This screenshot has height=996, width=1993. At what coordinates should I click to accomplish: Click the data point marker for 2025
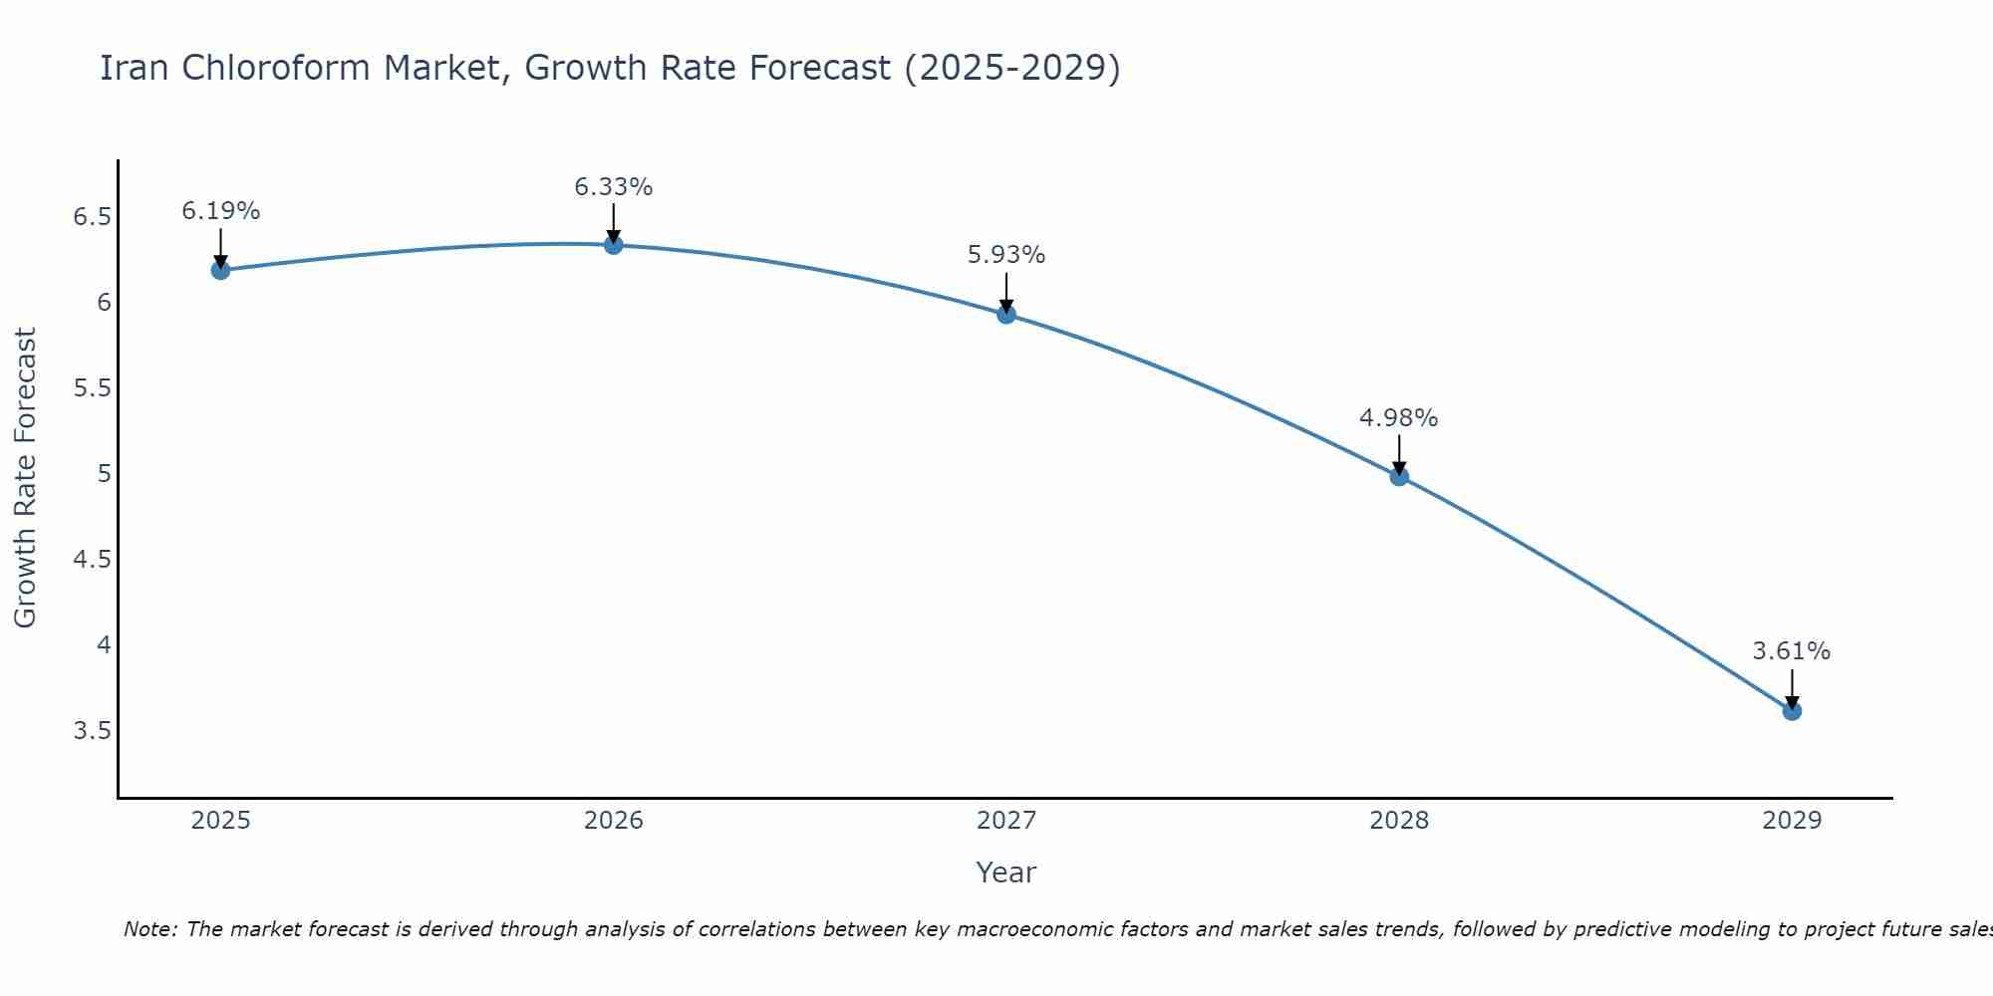tap(220, 270)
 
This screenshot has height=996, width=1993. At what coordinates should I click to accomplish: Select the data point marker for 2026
tap(614, 245)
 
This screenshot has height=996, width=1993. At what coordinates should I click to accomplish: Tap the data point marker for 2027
tap(1006, 315)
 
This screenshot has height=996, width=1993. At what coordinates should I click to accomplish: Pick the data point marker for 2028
tap(1399, 476)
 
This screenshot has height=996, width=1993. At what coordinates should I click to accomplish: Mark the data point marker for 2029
tap(1792, 711)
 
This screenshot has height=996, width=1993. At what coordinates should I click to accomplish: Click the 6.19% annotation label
tap(220, 211)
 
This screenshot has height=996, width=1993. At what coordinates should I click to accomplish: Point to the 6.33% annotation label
tap(614, 187)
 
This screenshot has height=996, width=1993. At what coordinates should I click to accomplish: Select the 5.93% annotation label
tap(1006, 255)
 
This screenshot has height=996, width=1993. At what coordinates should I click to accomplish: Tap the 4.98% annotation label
tap(1399, 418)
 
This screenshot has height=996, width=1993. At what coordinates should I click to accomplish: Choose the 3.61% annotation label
tap(1792, 651)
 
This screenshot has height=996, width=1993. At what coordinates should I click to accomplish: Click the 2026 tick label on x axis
tap(614, 821)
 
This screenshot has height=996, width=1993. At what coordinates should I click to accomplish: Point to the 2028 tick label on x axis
tap(1399, 821)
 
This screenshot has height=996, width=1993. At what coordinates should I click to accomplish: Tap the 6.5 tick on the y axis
tap(92, 217)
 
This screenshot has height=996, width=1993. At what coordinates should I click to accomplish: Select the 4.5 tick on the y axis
tap(92, 560)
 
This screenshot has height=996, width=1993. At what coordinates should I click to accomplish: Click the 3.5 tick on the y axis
tap(92, 731)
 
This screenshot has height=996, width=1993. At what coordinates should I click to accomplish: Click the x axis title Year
tap(1006, 872)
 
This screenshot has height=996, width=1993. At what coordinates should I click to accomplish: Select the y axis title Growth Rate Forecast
tap(25, 478)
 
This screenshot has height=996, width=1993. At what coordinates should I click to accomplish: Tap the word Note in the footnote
tap(149, 929)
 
